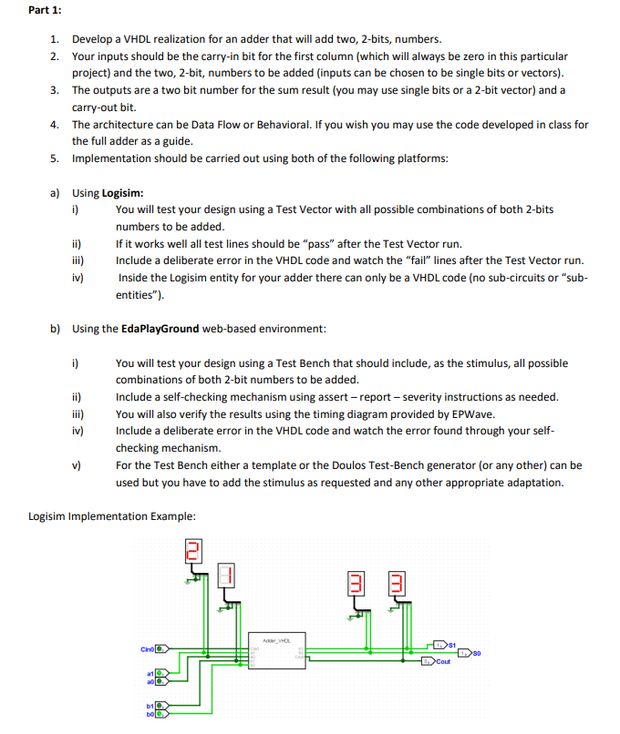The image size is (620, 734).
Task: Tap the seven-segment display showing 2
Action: pyautogui.click(x=192, y=551)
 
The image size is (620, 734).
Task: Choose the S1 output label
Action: pyautogui.click(x=450, y=643)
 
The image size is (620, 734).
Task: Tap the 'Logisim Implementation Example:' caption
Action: pyautogui.click(x=111, y=516)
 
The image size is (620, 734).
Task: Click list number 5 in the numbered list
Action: pyautogui.click(x=54, y=158)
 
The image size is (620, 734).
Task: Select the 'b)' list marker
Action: pyautogui.click(x=54, y=328)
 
